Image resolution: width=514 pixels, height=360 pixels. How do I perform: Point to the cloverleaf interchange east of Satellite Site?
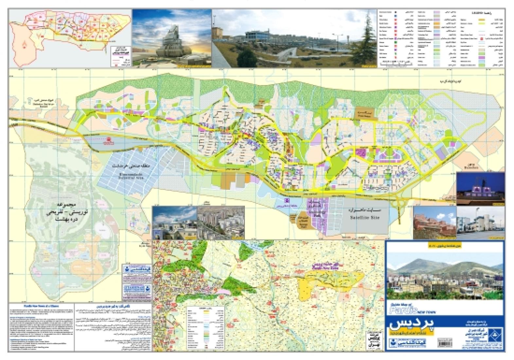point(401,204)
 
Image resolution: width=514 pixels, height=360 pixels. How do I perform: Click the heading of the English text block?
point(41,306)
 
